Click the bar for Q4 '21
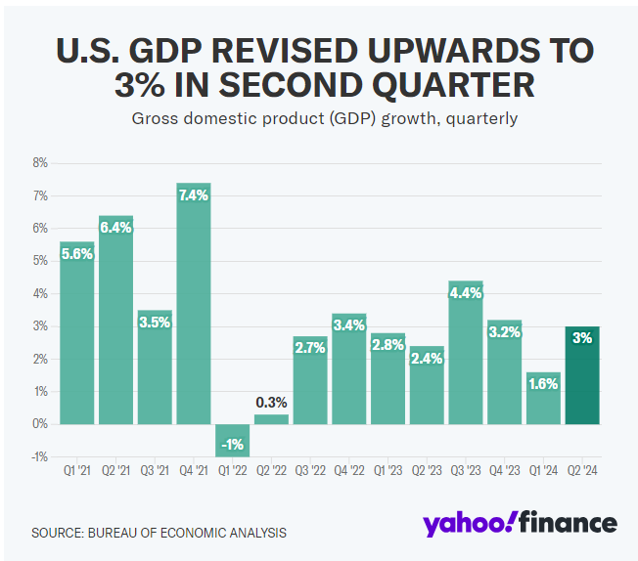(194, 303)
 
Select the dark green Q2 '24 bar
(582, 375)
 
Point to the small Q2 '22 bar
(271, 419)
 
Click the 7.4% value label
(194, 195)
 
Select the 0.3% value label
(271, 402)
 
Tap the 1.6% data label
(543, 384)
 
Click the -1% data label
(232, 445)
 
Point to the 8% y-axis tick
(40, 163)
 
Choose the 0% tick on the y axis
(40, 424)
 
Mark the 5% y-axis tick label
(40, 261)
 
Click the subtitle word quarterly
(478, 119)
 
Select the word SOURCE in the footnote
(57, 533)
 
